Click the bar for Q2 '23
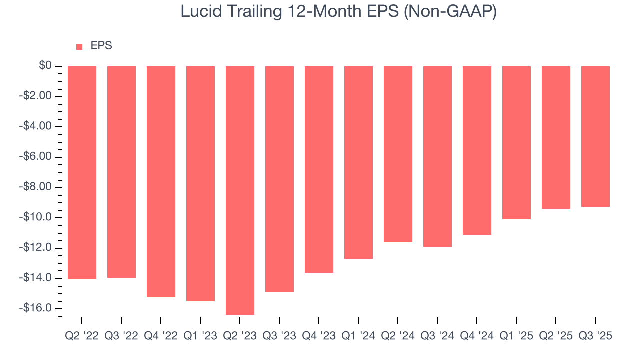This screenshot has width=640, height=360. pyautogui.click(x=240, y=190)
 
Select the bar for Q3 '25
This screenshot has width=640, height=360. pyautogui.click(x=595, y=136)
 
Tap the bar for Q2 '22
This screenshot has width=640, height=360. pyautogui.click(x=82, y=172)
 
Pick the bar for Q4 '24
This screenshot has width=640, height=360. pyautogui.click(x=477, y=150)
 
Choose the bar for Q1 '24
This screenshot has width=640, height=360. pyautogui.click(x=358, y=162)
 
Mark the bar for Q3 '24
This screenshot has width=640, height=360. pyautogui.click(x=437, y=156)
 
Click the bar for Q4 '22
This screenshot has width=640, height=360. pyautogui.click(x=161, y=182)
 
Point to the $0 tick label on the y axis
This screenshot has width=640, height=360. pyautogui.click(x=46, y=66)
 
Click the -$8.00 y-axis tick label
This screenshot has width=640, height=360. pyautogui.click(x=36, y=187)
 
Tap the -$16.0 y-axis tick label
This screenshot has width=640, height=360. pyautogui.click(x=36, y=308)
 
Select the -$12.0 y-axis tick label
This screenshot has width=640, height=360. pyautogui.click(x=36, y=248)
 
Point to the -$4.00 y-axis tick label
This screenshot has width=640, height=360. pyautogui.click(x=36, y=126)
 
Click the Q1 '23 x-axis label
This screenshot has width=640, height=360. pyautogui.click(x=200, y=336)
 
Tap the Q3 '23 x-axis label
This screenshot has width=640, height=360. pyautogui.click(x=279, y=336)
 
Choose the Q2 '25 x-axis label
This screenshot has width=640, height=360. pyautogui.click(x=556, y=336)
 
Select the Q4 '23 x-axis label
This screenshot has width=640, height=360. pyautogui.click(x=319, y=336)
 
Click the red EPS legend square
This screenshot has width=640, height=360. pyautogui.click(x=79, y=47)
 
